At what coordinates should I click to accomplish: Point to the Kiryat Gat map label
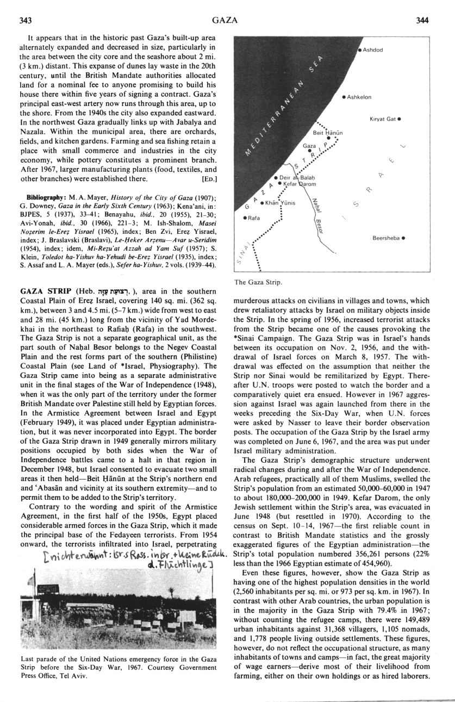(383, 119)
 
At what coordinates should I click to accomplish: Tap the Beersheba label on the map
(386, 238)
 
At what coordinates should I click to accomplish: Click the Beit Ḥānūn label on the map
(327, 132)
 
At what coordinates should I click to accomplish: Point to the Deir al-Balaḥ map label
(294, 177)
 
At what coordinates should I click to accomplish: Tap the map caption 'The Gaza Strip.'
(258, 282)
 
